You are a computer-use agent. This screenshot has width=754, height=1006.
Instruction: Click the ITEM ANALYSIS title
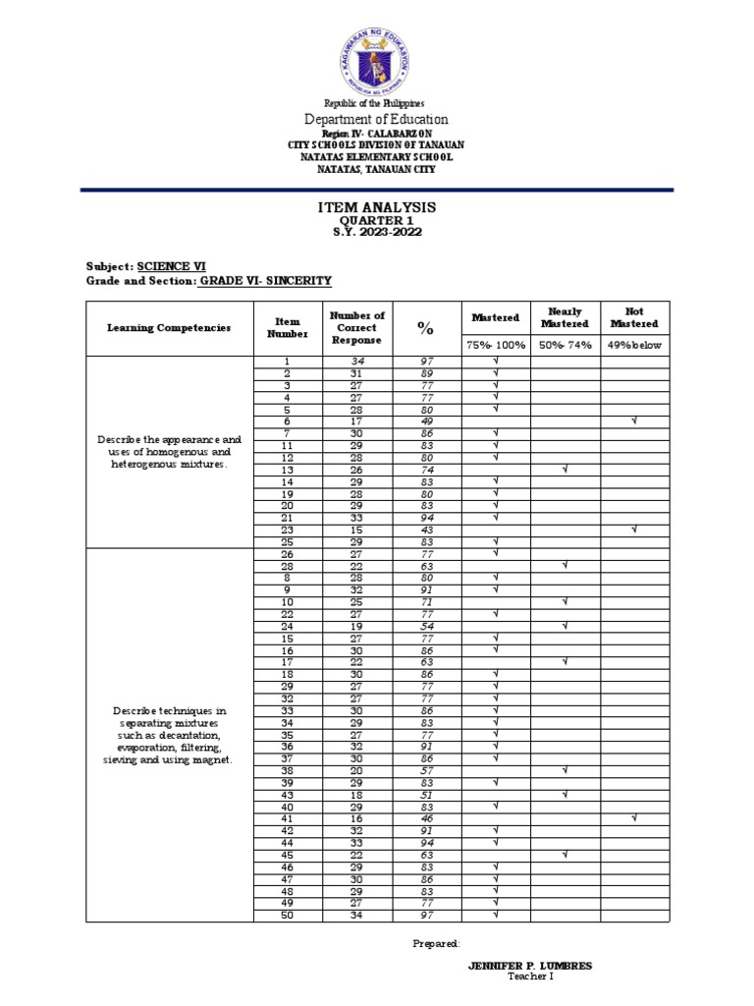tap(376, 208)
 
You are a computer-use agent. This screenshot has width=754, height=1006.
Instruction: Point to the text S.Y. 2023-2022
tap(376, 232)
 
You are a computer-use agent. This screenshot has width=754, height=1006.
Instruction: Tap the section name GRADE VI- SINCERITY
tap(265, 281)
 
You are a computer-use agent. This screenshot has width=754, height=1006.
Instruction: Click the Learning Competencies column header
tap(169, 327)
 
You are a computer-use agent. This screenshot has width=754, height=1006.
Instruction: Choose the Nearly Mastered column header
tap(565, 317)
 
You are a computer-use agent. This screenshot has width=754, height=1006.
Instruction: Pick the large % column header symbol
tap(426, 327)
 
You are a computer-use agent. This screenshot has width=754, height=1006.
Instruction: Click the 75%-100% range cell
tap(496, 345)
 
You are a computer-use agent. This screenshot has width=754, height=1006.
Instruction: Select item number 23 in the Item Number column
tap(288, 530)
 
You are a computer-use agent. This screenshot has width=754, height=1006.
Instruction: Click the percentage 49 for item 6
tap(426, 420)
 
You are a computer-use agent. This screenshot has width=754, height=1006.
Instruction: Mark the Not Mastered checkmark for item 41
tap(635, 817)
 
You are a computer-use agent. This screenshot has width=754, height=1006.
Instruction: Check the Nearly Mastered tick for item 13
tap(565, 470)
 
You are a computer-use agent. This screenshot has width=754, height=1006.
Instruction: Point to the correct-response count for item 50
tap(357, 916)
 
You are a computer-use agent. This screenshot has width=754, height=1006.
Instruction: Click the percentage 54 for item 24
tap(426, 625)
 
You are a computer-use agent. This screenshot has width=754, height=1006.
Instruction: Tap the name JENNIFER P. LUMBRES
tap(531, 966)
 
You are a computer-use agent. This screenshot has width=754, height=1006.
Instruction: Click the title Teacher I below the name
tap(531, 977)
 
